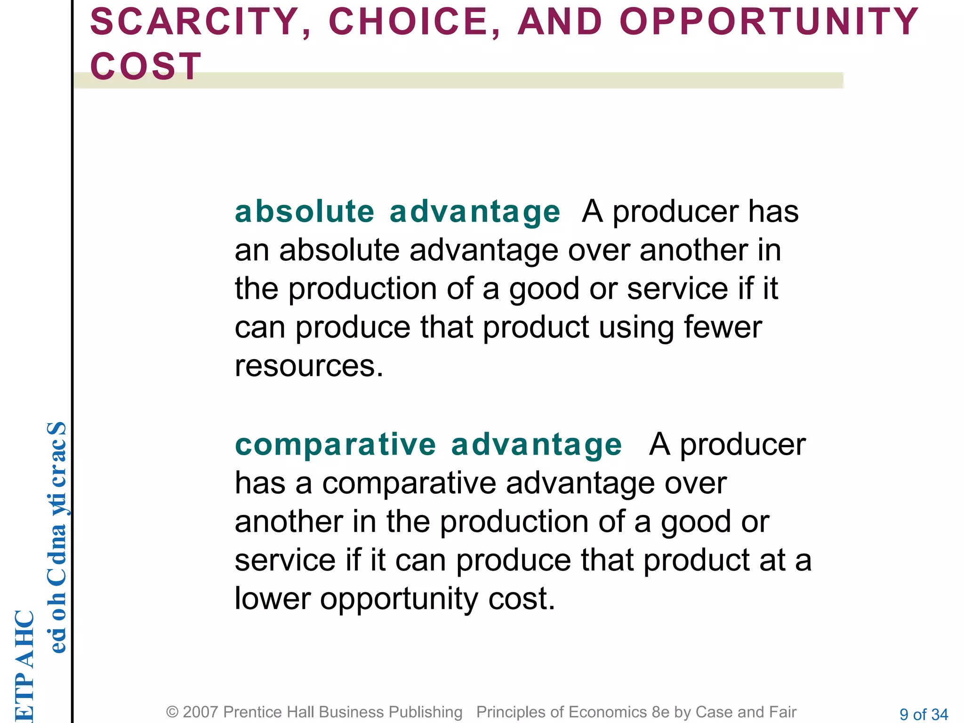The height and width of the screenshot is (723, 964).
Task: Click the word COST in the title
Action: [x=146, y=66]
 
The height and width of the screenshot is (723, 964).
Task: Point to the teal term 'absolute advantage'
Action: [x=397, y=211]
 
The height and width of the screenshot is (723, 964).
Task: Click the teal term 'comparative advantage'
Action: [x=428, y=444]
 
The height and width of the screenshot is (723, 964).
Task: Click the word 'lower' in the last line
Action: [x=273, y=599]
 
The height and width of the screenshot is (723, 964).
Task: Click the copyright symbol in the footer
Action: [x=172, y=712]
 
